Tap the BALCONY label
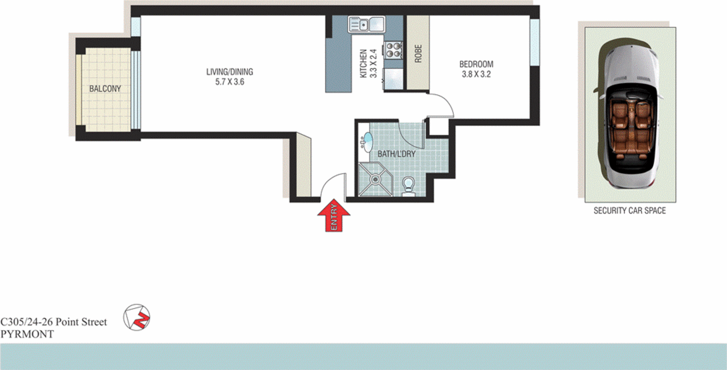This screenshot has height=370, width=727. click(105, 89)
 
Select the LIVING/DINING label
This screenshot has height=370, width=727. click(229, 72)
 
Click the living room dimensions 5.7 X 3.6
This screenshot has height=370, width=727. click(229, 82)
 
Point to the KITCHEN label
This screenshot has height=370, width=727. click(363, 64)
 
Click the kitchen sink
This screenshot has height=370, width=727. click(366, 24)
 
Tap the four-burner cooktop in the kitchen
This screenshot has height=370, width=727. click(393, 50)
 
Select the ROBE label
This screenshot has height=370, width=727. click(418, 54)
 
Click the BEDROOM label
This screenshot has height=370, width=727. click(476, 65)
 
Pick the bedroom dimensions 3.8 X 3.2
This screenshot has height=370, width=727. click(476, 74)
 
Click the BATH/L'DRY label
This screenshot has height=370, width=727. click(396, 154)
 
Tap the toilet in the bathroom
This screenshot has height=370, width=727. click(408, 186)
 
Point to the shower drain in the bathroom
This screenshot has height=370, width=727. click(375, 180)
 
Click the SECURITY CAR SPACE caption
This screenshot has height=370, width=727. click(629, 210)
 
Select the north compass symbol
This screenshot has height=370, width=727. click(137, 317)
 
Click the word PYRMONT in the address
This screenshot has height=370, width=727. click(27, 334)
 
